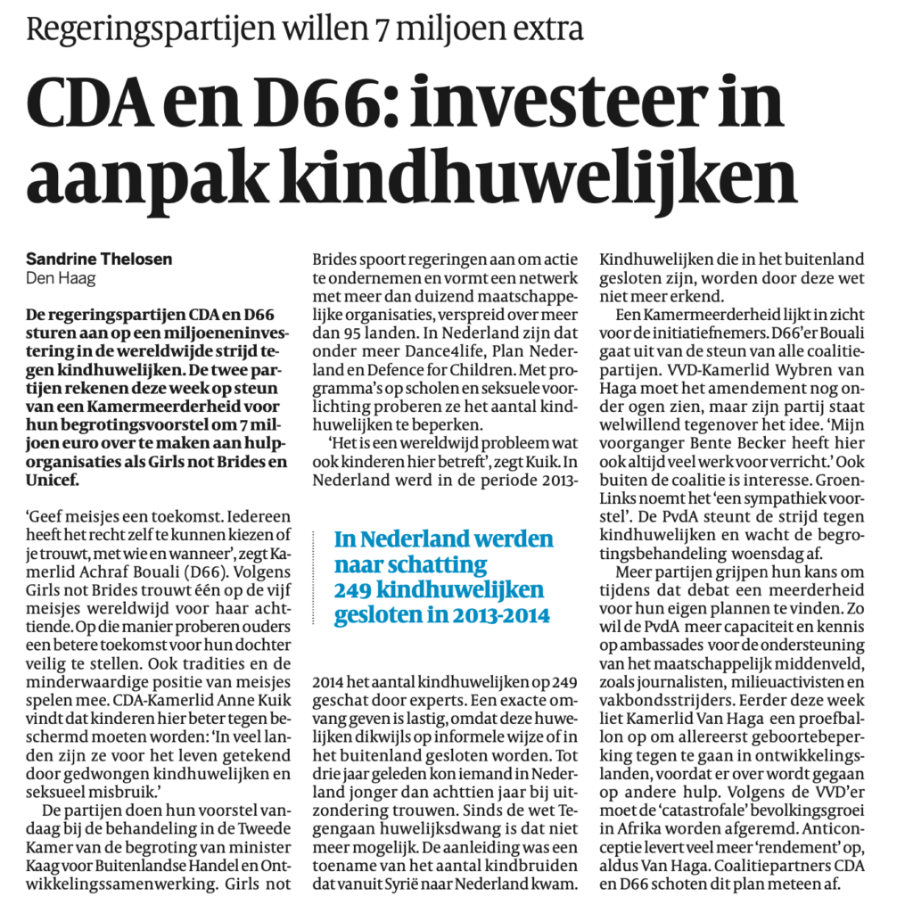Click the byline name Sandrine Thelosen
coord(99,259)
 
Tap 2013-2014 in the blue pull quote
coord(498,616)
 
